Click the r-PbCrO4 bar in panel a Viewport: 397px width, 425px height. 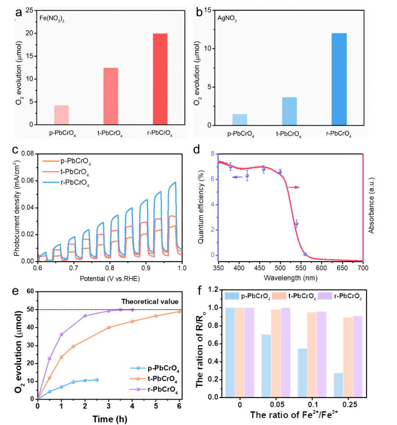coord(160,79)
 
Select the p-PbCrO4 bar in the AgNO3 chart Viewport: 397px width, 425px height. coord(240,119)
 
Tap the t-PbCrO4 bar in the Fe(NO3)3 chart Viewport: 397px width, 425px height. coord(111,96)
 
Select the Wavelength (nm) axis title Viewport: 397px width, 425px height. coord(290,278)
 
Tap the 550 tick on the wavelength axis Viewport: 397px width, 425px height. coord(301,268)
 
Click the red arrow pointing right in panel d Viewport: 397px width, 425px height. coord(293,187)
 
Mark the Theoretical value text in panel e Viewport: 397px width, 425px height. coord(150,302)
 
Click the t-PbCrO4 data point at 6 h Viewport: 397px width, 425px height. coord(179,311)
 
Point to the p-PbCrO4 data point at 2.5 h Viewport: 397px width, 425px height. coord(97,380)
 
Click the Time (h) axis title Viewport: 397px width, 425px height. coord(110,419)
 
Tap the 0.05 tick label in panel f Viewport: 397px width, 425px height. coord(276,405)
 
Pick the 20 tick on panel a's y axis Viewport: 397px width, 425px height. coord(30,33)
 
